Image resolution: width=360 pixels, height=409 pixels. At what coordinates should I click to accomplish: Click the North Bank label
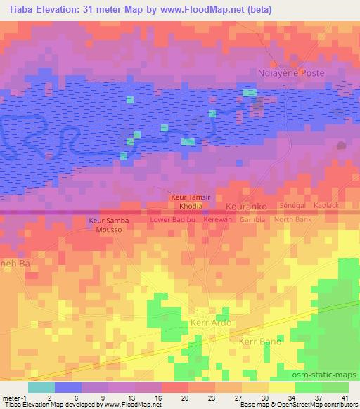[x=292, y=220]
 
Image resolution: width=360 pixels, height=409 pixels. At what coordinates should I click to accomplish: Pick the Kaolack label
[x=326, y=205]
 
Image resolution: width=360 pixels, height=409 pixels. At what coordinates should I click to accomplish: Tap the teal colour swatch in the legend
[x=41, y=387]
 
